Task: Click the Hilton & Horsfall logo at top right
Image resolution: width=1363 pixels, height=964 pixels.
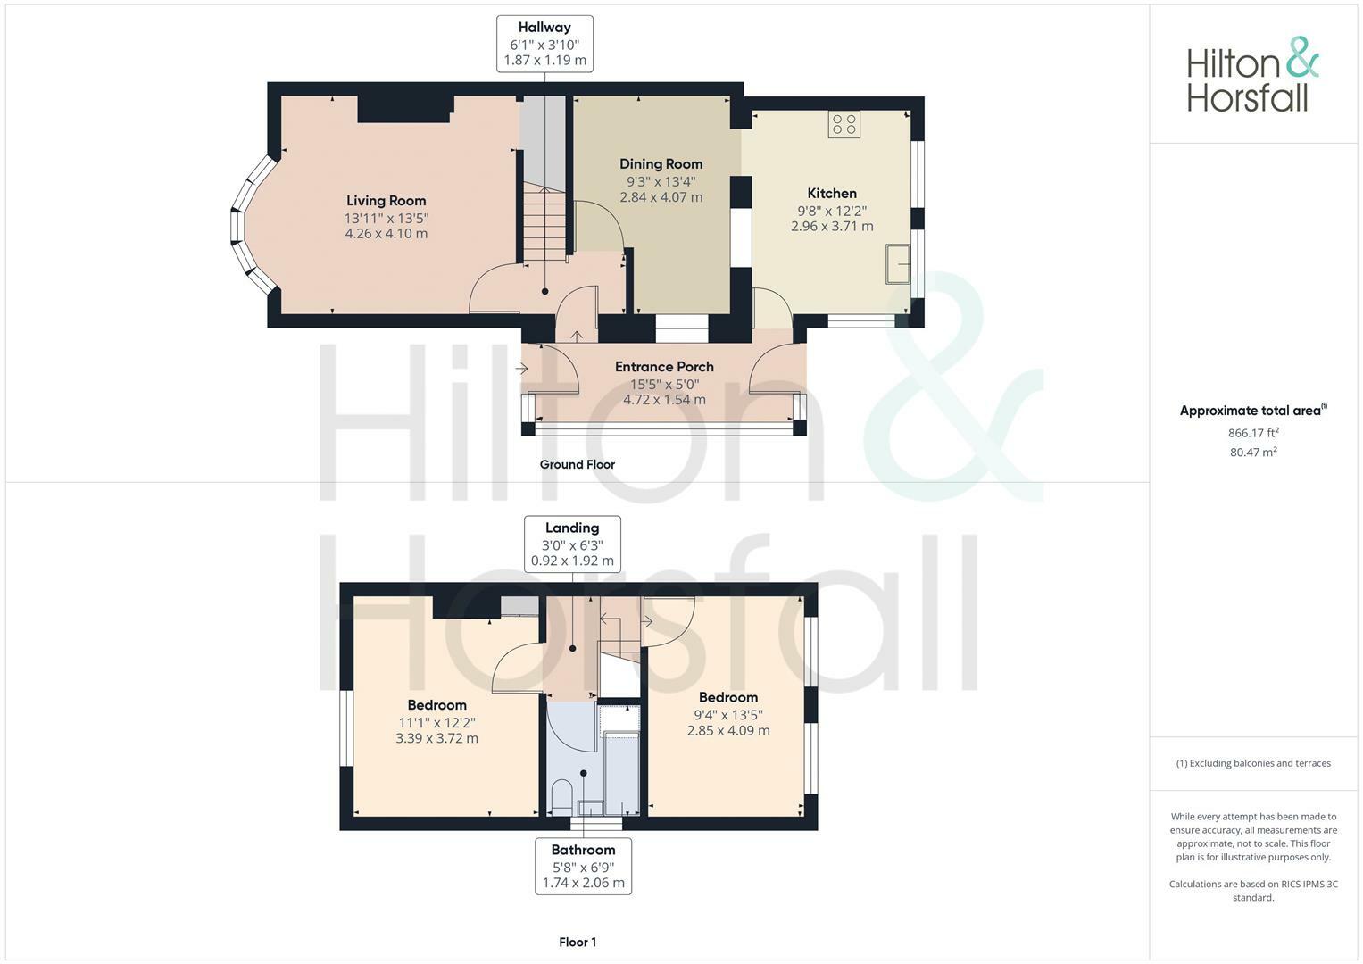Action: tap(1251, 75)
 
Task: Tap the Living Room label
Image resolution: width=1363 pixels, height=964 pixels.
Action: tap(386, 201)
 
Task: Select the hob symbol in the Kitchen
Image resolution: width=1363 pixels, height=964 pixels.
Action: tap(844, 124)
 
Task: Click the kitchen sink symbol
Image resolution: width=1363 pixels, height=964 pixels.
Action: tap(898, 265)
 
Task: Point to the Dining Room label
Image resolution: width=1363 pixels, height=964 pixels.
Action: tap(661, 164)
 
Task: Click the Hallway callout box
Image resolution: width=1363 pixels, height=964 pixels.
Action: tap(544, 44)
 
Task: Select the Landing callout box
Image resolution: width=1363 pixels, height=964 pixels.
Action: tap(572, 544)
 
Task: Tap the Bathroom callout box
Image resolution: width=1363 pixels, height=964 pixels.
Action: tap(583, 866)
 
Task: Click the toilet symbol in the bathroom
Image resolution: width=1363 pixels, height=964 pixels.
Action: tap(561, 795)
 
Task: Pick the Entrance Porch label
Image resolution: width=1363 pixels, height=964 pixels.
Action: tap(664, 367)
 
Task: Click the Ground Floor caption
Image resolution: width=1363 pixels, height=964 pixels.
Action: tap(577, 464)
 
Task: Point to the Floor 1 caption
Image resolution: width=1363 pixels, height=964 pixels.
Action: tap(578, 942)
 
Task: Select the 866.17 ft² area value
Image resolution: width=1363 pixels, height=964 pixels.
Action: tap(1252, 433)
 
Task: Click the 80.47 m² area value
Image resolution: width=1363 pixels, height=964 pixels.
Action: tap(1252, 453)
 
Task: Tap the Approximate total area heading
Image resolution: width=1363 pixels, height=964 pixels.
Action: tap(1252, 411)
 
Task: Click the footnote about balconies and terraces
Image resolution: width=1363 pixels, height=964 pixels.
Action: tap(1252, 763)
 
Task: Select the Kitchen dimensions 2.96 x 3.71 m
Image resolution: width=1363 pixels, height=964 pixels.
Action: tap(832, 227)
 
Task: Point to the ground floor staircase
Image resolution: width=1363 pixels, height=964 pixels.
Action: tap(544, 223)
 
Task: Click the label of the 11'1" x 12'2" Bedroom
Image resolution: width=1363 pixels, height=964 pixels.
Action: tap(436, 705)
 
